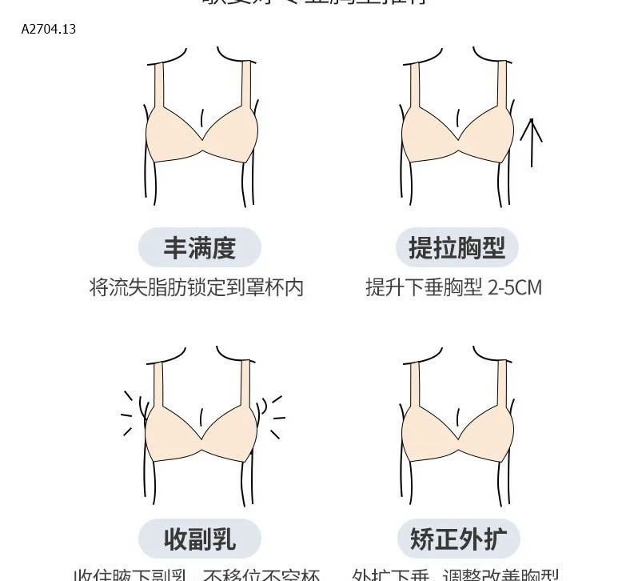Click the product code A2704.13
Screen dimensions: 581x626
click(x=49, y=30)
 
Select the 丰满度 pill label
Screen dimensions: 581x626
click(x=200, y=247)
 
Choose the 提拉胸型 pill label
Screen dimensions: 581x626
click(x=457, y=247)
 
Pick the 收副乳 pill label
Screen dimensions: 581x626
click(x=200, y=539)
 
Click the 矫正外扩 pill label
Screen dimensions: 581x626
click(x=457, y=539)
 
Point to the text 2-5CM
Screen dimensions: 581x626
click(x=515, y=288)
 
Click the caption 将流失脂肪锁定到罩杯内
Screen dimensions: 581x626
click(x=197, y=288)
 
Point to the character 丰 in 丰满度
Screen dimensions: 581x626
click(x=176, y=247)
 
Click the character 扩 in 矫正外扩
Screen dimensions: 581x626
click(x=494, y=539)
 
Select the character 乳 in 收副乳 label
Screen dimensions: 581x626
click(x=224, y=539)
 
